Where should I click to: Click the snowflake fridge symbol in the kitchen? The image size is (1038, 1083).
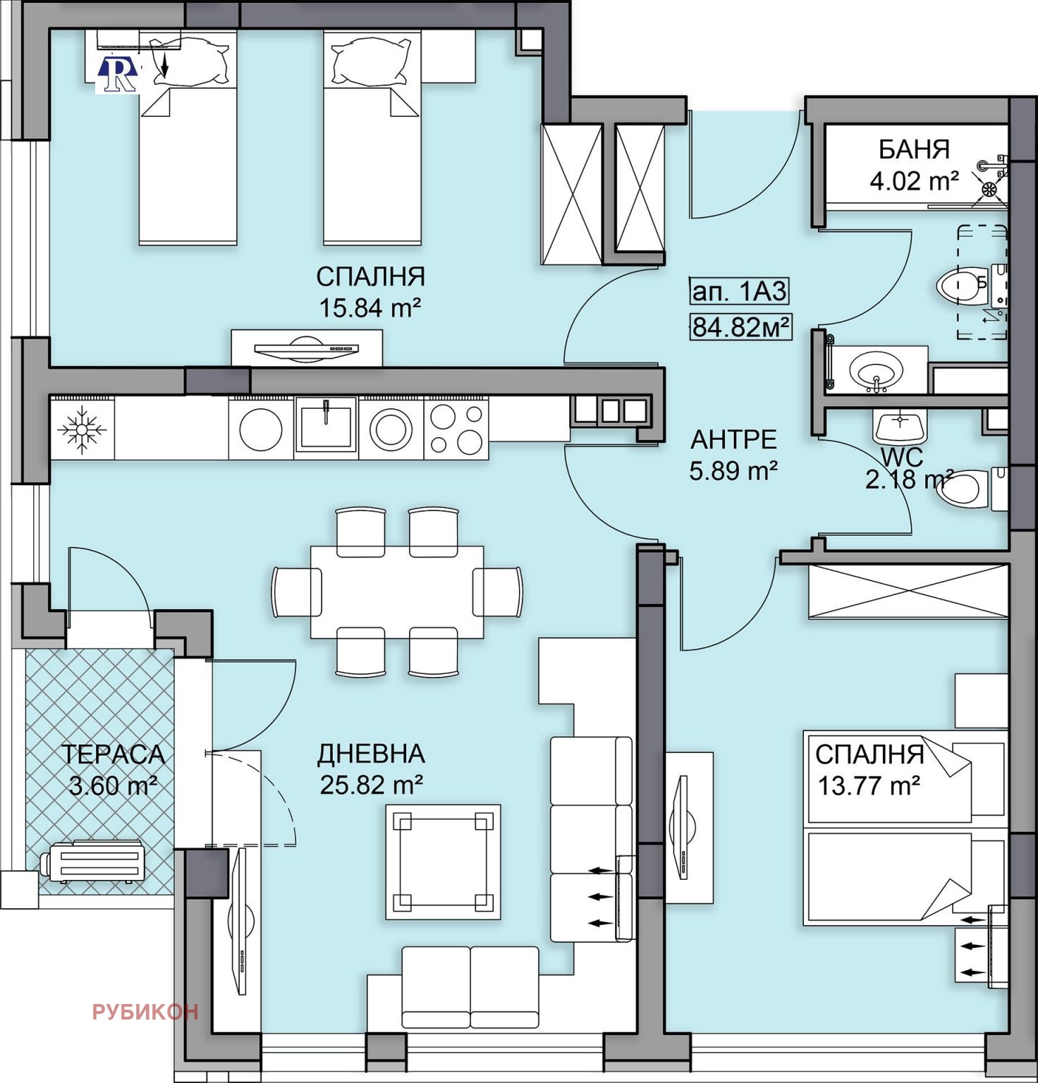pyautogui.click(x=83, y=428)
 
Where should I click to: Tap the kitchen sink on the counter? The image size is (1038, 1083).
pyautogui.click(x=326, y=424)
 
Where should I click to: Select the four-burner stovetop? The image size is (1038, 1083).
pyautogui.click(x=456, y=429)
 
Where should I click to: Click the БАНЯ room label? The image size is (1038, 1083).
pyautogui.click(x=914, y=149)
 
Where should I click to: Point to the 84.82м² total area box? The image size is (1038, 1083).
pyautogui.click(x=740, y=327)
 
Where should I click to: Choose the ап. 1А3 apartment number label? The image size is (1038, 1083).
pyautogui.click(x=739, y=290)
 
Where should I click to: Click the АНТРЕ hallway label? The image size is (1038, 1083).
pyautogui.click(x=733, y=440)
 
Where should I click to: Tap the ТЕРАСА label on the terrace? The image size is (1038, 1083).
pyautogui.click(x=113, y=754)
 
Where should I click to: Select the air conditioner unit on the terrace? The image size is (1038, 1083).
pyautogui.click(x=93, y=862)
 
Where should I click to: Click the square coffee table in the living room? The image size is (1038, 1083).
pyautogui.click(x=443, y=862)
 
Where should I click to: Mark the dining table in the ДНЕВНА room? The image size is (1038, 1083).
pyautogui.click(x=397, y=592)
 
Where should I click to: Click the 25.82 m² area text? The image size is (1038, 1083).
pyautogui.click(x=371, y=785)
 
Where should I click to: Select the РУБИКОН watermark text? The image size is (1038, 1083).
pyautogui.click(x=145, y=1012)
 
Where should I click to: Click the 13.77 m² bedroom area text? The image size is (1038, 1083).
pyautogui.click(x=869, y=785)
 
